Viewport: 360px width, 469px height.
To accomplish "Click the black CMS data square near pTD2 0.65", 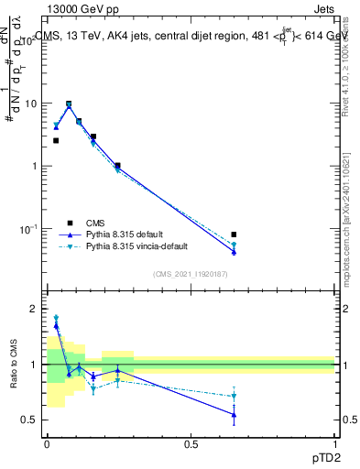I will tap(235, 234).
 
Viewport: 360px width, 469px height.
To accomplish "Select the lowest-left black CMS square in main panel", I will tap(56, 140).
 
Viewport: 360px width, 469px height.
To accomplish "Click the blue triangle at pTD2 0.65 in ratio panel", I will tap(235, 415).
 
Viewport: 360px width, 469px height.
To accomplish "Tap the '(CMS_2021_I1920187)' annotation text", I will tap(190, 272).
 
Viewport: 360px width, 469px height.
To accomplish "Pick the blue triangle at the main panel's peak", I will tap(69, 106).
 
